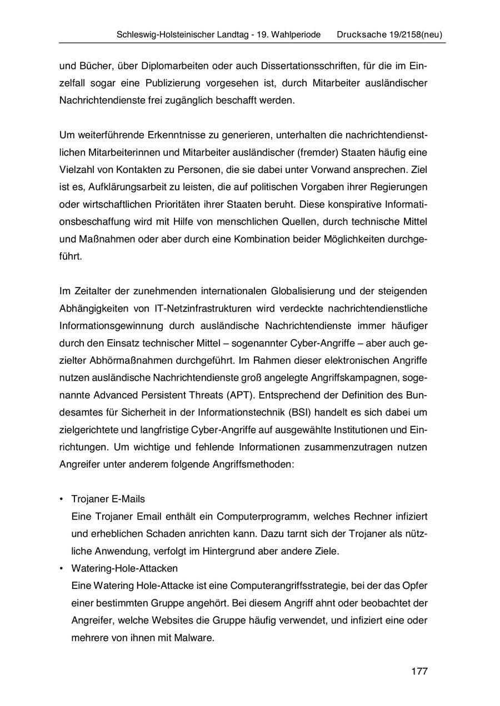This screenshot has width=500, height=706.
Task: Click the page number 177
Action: click(x=419, y=672)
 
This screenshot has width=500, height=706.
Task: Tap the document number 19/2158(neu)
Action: click(x=416, y=34)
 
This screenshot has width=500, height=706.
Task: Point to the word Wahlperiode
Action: click(x=295, y=34)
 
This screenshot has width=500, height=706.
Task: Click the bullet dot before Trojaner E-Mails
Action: click(x=61, y=499)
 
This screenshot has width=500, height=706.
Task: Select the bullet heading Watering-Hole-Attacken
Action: click(x=124, y=568)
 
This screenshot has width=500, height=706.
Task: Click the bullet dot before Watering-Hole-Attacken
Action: click(x=61, y=568)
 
